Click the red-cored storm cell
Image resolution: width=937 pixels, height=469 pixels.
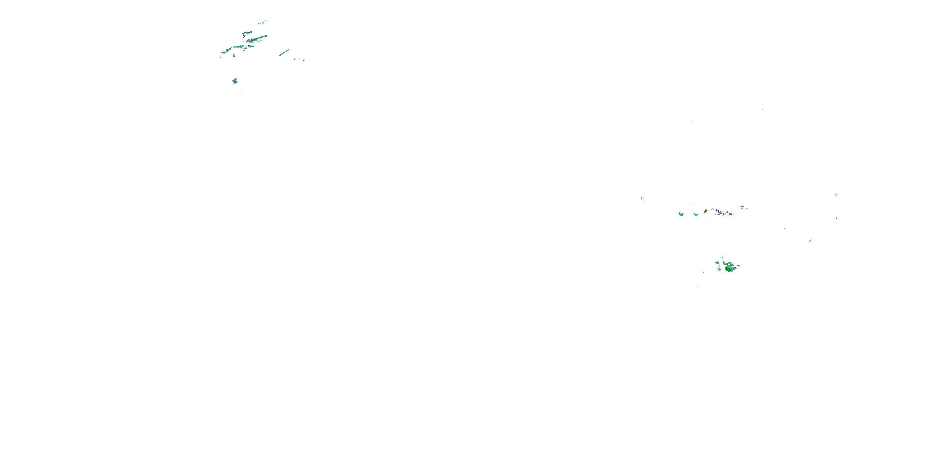pos(705,211)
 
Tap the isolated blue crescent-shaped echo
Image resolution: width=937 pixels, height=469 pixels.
pos(235,81)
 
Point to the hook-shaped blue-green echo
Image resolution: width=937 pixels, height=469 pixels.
pos(247,34)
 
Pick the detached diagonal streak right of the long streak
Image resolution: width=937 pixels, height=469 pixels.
pos(284,53)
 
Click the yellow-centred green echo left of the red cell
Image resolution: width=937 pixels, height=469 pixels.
pos(681,214)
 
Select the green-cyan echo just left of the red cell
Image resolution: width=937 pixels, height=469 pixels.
pos(695,214)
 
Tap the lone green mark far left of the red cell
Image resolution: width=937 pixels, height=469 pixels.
pos(642,198)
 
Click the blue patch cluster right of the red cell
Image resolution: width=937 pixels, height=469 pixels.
pos(722,212)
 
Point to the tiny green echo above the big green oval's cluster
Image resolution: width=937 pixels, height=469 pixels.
pos(722,257)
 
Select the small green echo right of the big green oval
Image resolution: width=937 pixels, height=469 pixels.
pos(738,265)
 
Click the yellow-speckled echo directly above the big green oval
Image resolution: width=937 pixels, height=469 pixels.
pos(729,264)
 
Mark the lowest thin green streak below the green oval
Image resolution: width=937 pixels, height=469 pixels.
pos(699,286)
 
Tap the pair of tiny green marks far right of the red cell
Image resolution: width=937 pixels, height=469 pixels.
pos(835,194)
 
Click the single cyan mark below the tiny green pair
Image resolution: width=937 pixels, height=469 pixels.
pos(836,219)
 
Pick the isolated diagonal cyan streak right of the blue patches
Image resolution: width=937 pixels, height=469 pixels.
pos(810,241)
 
